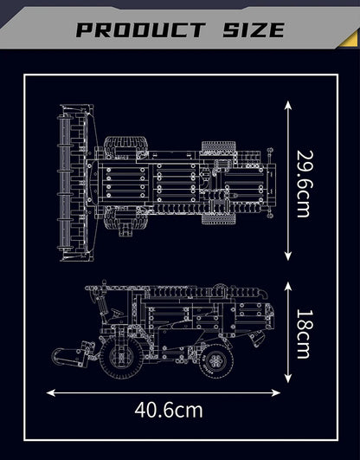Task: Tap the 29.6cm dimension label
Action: (x=304, y=178)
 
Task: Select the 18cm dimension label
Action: (x=304, y=333)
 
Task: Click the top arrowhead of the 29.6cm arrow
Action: (x=287, y=101)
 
